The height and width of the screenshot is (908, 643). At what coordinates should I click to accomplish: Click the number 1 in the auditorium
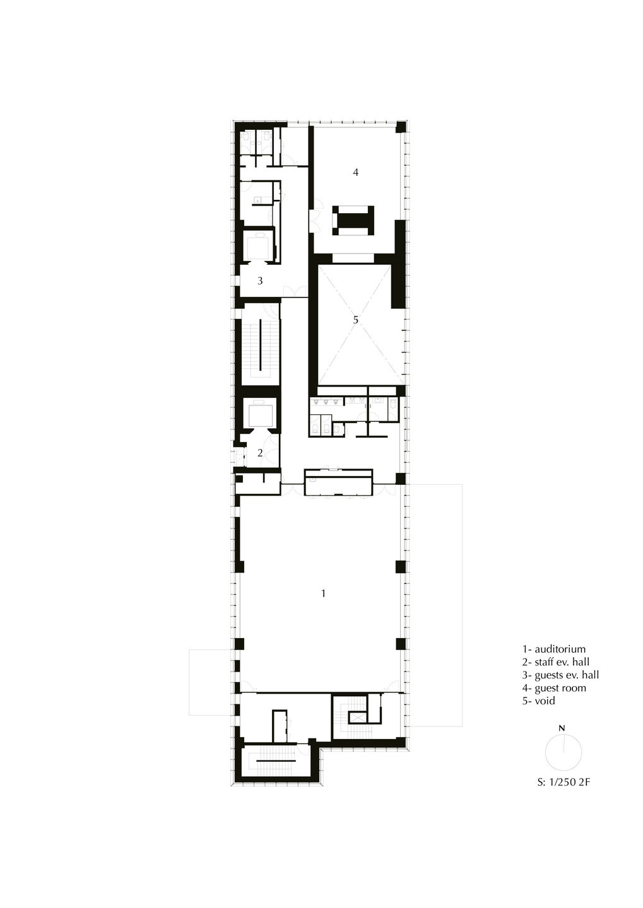(x=323, y=593)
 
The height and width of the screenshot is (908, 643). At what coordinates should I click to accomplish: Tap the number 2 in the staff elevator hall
(x=260, y=453)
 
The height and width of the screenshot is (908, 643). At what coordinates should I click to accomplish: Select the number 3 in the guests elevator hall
(x=260, y=281)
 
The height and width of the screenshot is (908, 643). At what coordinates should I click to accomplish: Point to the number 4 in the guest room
(x=356, y=172)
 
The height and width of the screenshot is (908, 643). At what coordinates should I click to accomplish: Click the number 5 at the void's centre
(x=356, y=320)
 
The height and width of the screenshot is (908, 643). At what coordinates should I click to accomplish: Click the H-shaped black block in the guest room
(x=353, y=221)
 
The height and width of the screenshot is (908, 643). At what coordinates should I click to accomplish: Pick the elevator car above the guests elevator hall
(x=259, y=247)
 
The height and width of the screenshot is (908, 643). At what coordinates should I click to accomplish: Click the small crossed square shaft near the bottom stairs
(x=357, y=718)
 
